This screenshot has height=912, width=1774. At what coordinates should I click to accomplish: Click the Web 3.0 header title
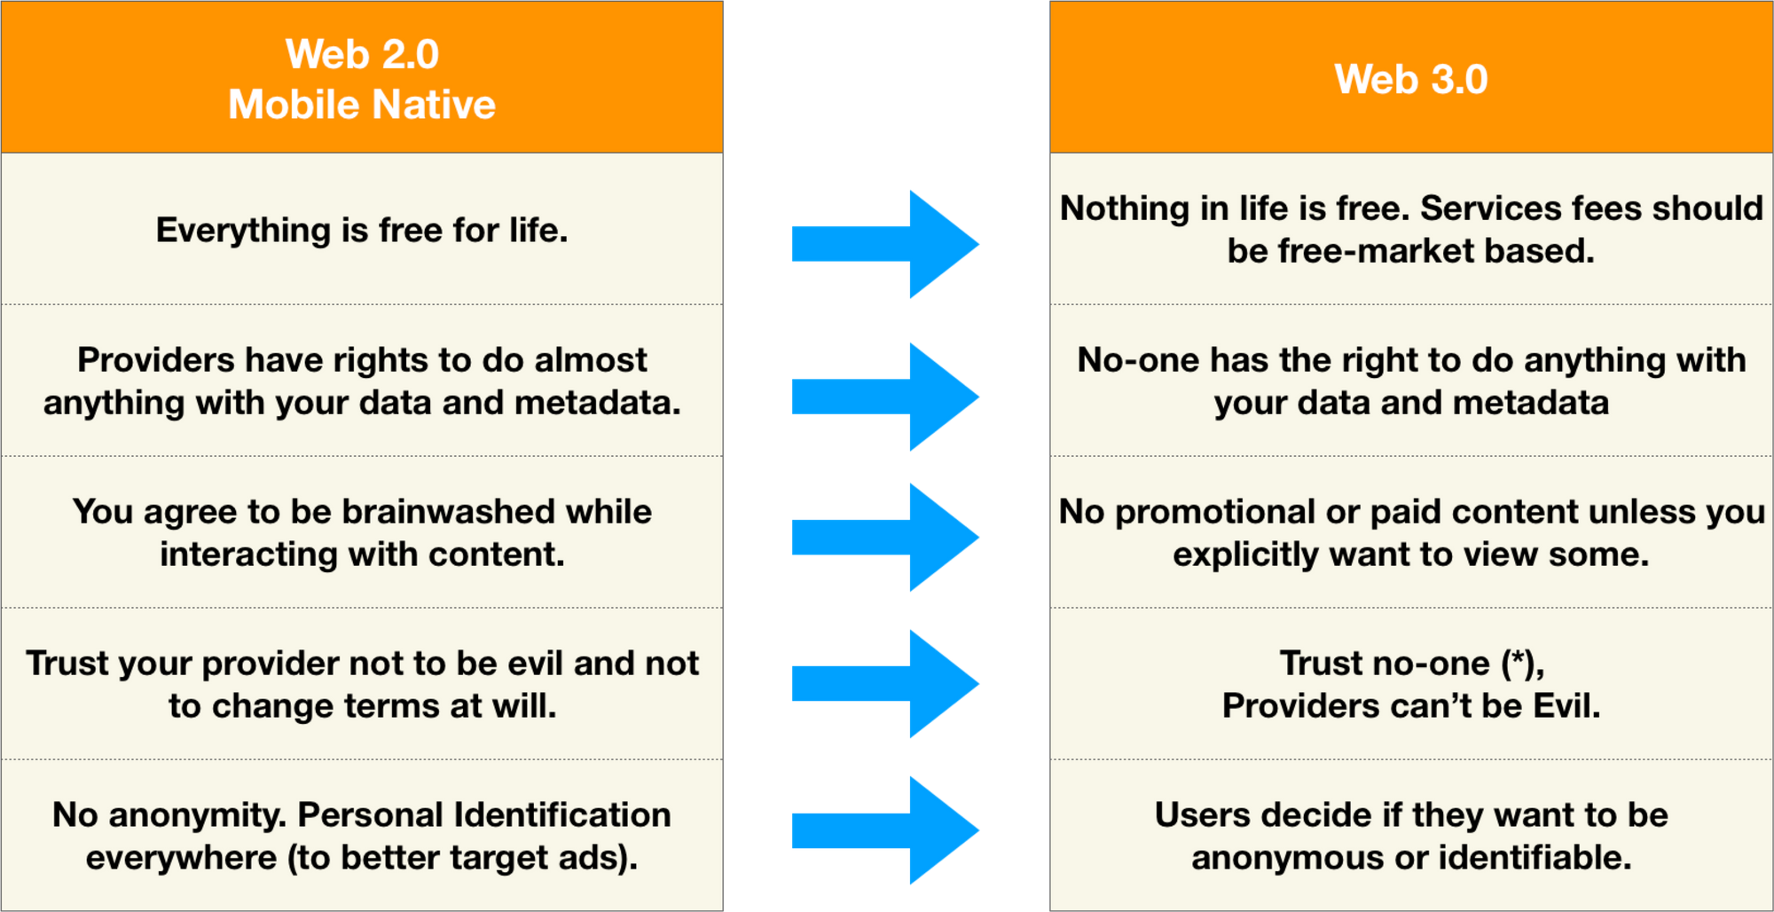[1410, 79]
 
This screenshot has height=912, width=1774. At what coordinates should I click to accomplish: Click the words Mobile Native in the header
[362, 105]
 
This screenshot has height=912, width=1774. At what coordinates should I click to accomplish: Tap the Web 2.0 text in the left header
[362, 54]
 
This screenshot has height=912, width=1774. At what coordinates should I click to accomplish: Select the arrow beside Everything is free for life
[885, 244]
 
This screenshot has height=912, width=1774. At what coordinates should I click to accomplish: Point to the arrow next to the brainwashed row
[885, 538]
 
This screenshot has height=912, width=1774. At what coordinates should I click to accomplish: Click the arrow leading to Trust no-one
[885, 684]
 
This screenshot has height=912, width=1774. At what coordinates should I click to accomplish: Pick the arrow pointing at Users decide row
[885, 830]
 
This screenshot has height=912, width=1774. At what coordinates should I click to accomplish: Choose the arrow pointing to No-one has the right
[885, 397]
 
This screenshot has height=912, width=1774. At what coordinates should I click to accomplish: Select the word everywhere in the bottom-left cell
[181, 858]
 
